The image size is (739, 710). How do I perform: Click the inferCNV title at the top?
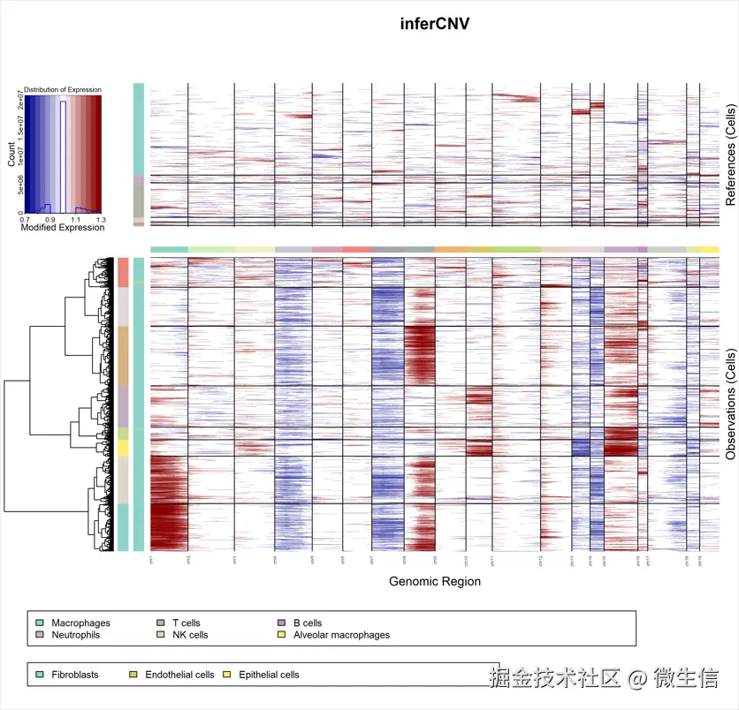point(435,24)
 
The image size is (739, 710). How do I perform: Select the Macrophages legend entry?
point(79,623)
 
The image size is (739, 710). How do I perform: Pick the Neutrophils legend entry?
point(75,635)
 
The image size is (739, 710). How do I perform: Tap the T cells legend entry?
point(186,623)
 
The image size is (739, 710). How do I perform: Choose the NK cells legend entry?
point(190,635)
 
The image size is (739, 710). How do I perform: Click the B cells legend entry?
point(308,623)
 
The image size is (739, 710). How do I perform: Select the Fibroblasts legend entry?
point(74,675)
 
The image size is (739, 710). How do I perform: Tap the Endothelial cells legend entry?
point(179,675)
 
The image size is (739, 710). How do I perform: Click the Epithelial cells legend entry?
point(269,675)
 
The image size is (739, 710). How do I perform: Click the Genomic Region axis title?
point(435,581)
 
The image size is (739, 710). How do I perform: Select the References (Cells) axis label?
point(730,155)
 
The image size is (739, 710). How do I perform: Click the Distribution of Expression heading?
point(63,89)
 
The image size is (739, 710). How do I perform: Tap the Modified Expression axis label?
point(63,228)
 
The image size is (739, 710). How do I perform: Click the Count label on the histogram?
point(11,155)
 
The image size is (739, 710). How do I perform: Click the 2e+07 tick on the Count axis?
point(19,107)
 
